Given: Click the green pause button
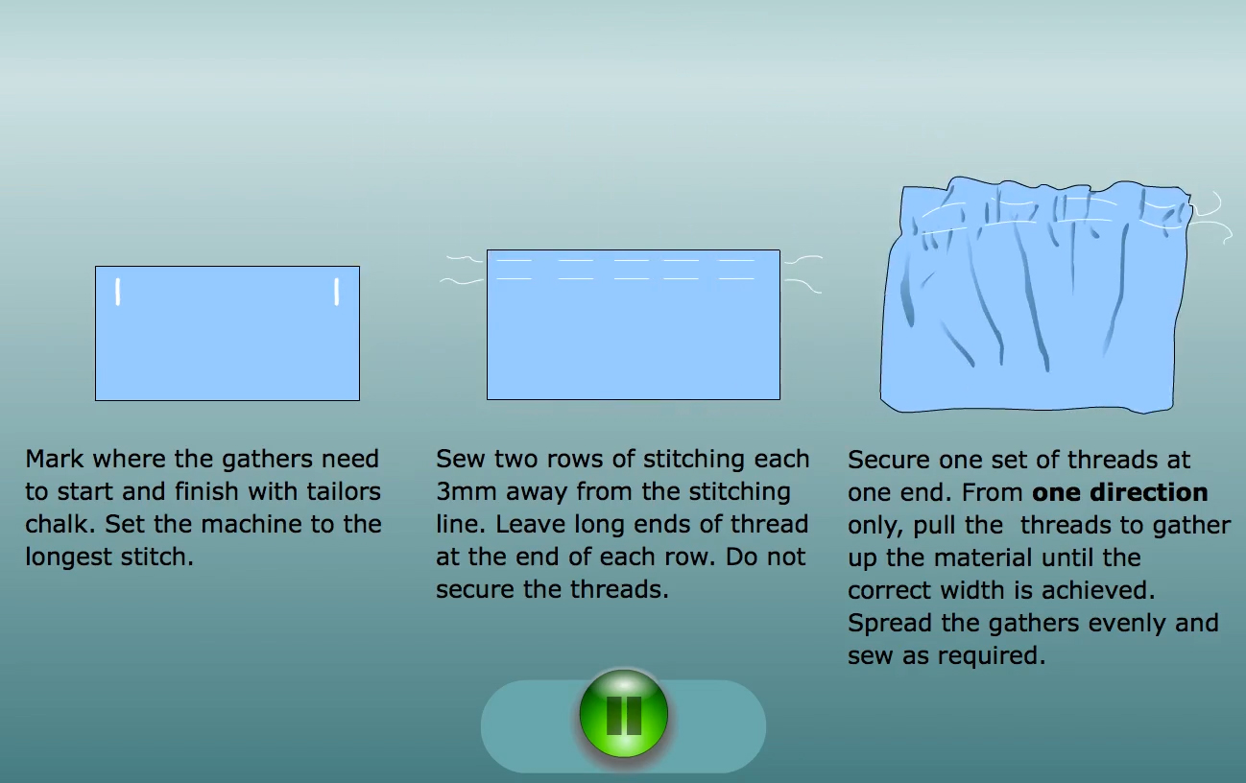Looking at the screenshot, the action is (624, 714).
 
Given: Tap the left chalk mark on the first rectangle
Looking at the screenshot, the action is (117, 292).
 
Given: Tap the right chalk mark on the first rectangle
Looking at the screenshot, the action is (337, 292).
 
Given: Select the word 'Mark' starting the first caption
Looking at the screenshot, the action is (55, 460).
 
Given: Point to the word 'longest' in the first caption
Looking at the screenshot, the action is (68, 558).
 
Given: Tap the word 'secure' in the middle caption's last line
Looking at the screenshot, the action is (475, 589).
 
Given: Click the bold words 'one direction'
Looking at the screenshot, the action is (1119, 492).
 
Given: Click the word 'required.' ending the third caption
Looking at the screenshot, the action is (992, 655).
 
